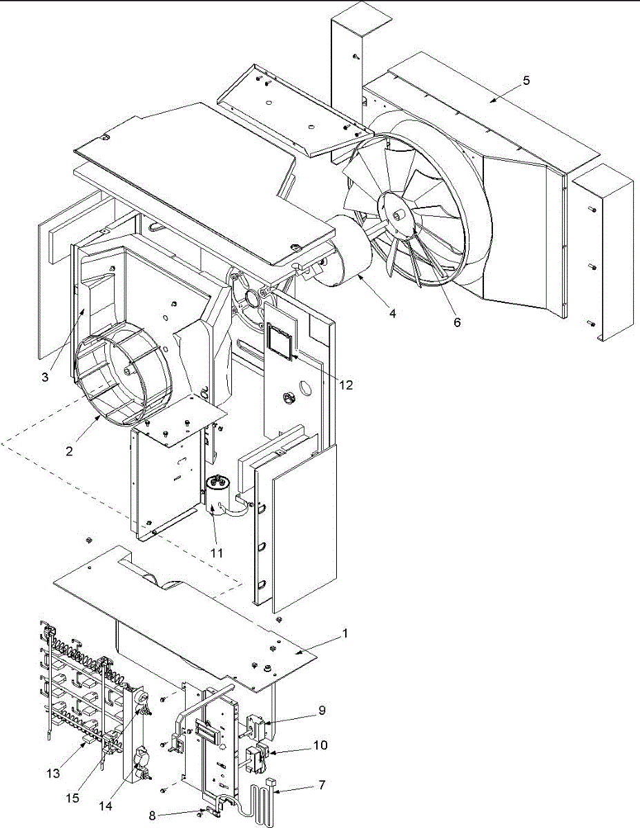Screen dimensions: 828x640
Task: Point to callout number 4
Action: [392, 313]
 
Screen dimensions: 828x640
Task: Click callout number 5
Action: [526, 80]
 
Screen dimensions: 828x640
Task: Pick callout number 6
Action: [457, 322]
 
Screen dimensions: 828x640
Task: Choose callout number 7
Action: [322, 785]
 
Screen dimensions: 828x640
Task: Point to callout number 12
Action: [346, 384]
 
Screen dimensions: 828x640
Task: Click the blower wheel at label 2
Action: [117, 368]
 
